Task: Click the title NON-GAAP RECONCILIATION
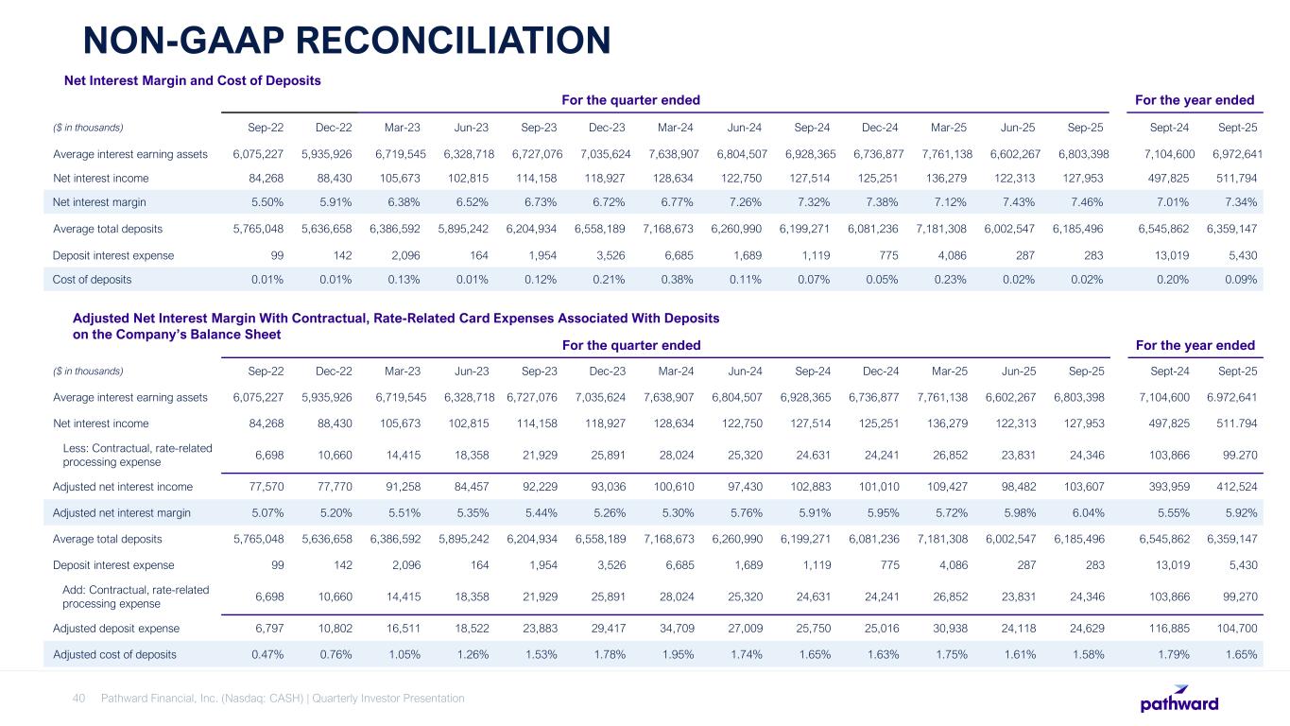pos(346,40)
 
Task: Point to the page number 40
pos(79,699)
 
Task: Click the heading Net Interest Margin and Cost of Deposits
pos(192,80)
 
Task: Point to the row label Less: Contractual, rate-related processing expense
pos(131,455)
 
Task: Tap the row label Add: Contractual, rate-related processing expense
pos(131,596)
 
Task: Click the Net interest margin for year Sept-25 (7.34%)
pos(1239,202)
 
